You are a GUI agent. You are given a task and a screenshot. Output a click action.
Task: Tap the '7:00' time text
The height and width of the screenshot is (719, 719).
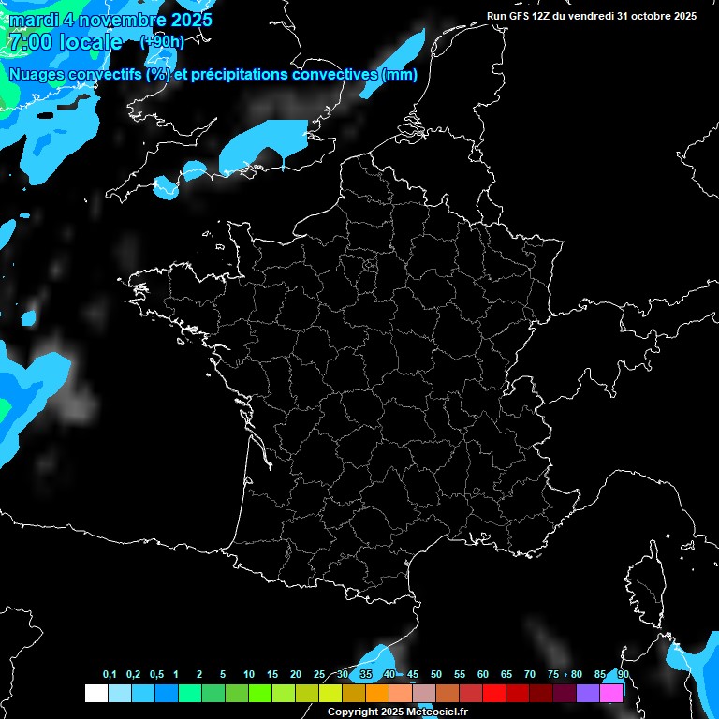pyautogui.click(x=26, y=42)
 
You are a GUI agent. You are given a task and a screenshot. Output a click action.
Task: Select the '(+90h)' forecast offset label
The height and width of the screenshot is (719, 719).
pyautogui.click(x=163, y=42)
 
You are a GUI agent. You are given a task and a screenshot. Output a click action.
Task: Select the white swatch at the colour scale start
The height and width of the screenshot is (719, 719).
pyautogui.click(x=95, y=693)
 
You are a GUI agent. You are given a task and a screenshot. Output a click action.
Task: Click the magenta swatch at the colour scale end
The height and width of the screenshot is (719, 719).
pyautogui.click(x=611, y=693)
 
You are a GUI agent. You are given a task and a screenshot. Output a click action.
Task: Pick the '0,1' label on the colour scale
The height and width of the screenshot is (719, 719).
pyautogui.click(x=110, y=675)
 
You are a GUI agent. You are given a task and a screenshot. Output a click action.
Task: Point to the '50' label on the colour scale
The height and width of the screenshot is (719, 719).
pyautogui.click(x=436, y=675)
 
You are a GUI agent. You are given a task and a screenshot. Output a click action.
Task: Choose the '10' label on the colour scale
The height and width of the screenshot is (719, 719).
pyautogui.click(x=248, y=675)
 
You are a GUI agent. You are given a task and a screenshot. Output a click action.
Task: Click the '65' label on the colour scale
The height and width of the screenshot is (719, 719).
pyautogui.click(x=506, y=675)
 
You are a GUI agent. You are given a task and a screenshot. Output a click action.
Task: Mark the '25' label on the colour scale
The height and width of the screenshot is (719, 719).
pyautogui.click(x=319, y=675)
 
